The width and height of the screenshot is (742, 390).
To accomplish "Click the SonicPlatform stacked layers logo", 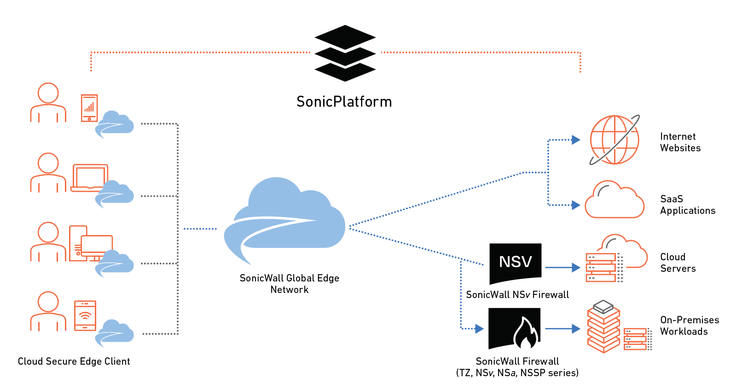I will pyautogui.click(x=345, y=53).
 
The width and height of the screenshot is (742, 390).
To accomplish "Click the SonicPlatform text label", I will pyautogui.click(x=344, y=102).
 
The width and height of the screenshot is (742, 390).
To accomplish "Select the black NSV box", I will pyautogui.click(x=515, y=263).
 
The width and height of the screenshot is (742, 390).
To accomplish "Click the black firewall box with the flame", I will pyautogui.click(x=514, y=328).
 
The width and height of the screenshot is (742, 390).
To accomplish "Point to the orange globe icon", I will pyautogui.click(x=614, y=140).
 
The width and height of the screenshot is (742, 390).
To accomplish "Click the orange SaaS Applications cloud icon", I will pyautogui.click(x=614, y=201).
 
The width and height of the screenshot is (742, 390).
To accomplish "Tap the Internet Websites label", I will pyautogui.click(x=680, y=142).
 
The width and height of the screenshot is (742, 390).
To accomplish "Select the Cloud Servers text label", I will pyautogui.click(x=678, y=263).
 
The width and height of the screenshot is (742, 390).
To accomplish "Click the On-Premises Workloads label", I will pyautogui.click(x=689, y=326).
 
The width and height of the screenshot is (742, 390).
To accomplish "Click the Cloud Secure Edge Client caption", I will pyautogui.click(x=74, y=361).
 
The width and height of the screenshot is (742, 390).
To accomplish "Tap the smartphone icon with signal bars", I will pyautogui.click(x=89, y=108).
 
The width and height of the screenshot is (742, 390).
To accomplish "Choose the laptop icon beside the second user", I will pyautogui.click(x=89, y=178).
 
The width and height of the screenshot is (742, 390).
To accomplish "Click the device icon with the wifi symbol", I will pyautogui.click(x=85, y=315).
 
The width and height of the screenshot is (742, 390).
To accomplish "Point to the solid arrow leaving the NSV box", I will pyautogui.click(x=562, y=267).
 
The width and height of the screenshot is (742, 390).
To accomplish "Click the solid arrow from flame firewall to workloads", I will pyautogui.click(x=562, y=329).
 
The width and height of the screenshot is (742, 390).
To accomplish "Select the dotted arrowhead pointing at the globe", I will pyautogui.click(x=575, y=140).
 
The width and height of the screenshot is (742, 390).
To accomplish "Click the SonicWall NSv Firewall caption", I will pyautogui.click(x=517, y=295).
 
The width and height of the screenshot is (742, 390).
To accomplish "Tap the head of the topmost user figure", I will pyautogui.click(x=48, y=93).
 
